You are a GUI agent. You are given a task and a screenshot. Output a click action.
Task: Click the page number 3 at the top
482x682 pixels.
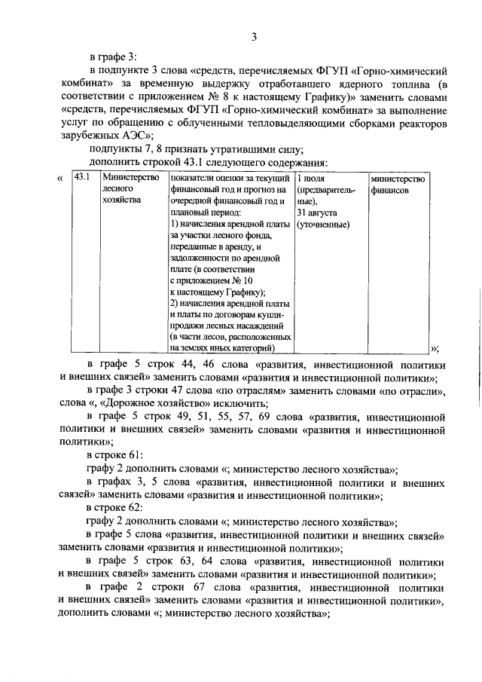(x=255, y=38)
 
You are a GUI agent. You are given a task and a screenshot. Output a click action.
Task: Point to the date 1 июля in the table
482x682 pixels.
(x=312, y=179)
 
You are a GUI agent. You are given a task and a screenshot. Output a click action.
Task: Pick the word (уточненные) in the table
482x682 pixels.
(x=322, y=225)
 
